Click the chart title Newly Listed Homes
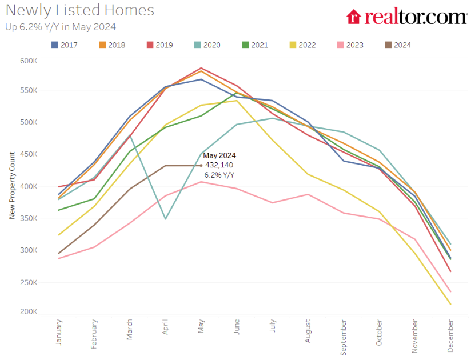tap(80, 10)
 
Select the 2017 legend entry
tap(64, 45)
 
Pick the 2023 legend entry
tap(350, 45)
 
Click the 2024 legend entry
tap(398, 45)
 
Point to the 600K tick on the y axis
tap(29, 61)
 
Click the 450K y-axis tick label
tap(29, 154)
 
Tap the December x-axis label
tap(451, 335)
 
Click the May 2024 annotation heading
tap(219, 155)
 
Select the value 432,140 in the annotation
tap(219, 165)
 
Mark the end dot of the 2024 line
tap(201, 166)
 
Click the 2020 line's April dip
tap(165, 219)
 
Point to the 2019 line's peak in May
tap(201, 68)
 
